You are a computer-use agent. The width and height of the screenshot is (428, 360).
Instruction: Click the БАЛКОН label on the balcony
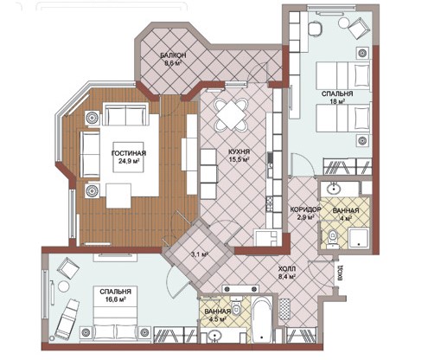[173, 55]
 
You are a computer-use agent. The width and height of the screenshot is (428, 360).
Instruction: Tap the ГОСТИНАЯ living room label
[129, 153]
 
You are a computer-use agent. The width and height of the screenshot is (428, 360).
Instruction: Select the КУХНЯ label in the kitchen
[239, 151]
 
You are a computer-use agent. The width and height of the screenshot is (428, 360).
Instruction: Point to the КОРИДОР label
[305, 209]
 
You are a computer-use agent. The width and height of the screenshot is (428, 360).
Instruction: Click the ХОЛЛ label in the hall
[287, 269]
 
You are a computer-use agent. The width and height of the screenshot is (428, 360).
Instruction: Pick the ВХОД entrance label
[341, 273]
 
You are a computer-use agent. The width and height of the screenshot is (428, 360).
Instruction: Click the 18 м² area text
[337, 101]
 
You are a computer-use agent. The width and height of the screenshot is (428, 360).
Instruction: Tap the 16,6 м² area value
[115, 299]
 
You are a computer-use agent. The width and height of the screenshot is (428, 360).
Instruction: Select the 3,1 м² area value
[200, 254]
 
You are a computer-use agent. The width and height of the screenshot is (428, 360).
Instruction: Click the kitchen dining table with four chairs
[230, 115]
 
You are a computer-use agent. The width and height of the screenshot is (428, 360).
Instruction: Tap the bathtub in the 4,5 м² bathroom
[261, 319]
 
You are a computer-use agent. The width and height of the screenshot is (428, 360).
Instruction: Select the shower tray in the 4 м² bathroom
[359, 238]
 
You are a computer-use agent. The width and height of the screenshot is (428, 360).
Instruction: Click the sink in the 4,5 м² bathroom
[214, 336]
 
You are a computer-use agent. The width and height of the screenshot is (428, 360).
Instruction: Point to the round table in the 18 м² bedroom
[343, 22]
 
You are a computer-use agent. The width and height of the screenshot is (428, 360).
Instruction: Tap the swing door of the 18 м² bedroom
[302, 164]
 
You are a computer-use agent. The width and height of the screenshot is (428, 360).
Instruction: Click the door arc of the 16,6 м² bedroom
[176, 282]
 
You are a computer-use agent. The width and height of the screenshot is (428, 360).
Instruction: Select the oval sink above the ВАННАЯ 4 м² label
[334, 189]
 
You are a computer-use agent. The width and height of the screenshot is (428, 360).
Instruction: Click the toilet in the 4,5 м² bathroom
[237, 307]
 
